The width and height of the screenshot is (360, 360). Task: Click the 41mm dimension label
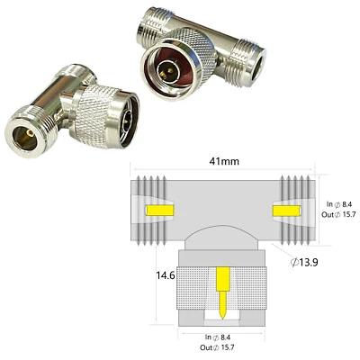click(223, 161)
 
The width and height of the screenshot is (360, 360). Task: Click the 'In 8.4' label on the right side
click(338, 205)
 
